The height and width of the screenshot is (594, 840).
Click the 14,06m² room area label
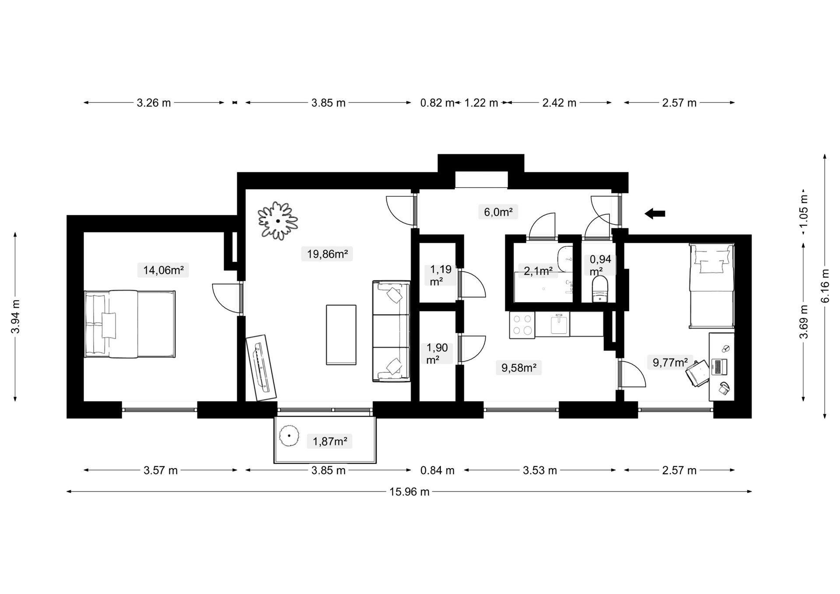163,270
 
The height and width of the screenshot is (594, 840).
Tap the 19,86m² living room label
327,254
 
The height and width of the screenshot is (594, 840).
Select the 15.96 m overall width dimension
409,492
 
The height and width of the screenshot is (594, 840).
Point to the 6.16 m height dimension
825,286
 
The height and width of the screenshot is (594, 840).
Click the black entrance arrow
655,213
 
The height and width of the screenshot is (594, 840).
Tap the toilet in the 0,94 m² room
600,289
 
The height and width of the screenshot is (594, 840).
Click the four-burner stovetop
522,325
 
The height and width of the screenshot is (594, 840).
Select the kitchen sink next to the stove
559,324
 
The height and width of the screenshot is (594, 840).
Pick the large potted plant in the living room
278,220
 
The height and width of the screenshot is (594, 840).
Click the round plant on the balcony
289,436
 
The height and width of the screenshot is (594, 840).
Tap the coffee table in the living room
341,335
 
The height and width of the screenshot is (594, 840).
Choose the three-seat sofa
392,332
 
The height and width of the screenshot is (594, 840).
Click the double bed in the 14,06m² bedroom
130,324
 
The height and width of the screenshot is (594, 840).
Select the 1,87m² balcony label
330,441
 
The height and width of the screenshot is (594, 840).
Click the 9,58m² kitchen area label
519,368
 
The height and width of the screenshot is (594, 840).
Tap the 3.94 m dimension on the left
16,316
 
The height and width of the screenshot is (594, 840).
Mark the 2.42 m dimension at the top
559,103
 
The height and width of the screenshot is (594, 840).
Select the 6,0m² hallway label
498,212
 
